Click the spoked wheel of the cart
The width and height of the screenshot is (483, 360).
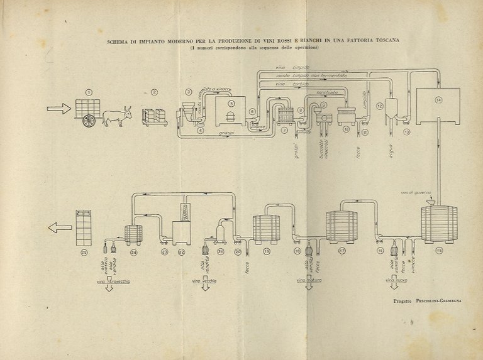pos(89,121)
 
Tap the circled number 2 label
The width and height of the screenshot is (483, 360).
pos(154,92)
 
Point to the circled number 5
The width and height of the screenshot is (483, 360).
pos(231,104)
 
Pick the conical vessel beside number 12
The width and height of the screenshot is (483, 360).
pos(390,107)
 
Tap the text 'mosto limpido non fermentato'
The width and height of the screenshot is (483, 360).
pos(311,75)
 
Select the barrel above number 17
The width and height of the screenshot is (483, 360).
pos(341,226)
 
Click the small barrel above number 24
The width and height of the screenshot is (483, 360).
pos(133,234)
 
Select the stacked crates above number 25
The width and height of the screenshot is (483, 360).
pos(83,227)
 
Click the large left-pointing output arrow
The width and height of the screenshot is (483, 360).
pos(60,227)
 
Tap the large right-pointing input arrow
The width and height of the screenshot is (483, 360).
pos(59,109)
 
